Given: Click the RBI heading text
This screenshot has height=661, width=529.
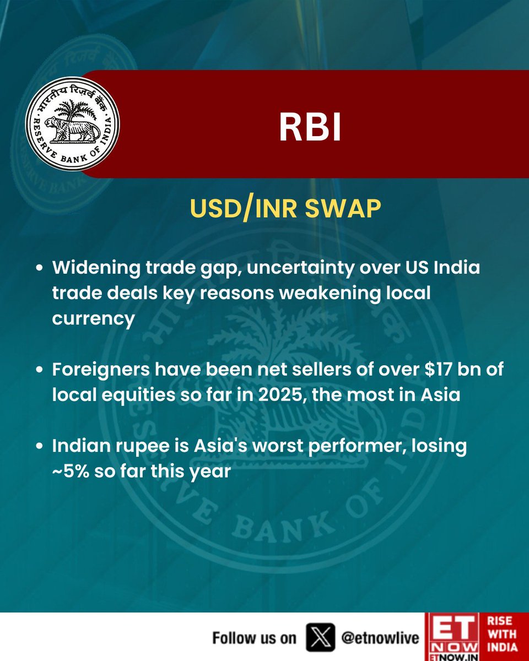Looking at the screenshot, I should click(x=310, y=128).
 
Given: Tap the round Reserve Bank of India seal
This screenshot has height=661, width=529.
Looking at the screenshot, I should click(x=73, y=123).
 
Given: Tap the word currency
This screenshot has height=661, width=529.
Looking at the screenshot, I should click(x=93, y=319).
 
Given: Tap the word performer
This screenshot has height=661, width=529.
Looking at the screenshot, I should click(x=356, y=446).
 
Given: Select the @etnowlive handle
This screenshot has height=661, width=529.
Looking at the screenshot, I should click(x=380, y=638).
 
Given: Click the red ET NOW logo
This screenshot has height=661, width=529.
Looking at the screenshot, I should click(x=452, y=637).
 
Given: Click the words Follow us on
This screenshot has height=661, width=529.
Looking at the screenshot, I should click(x=254, y=638).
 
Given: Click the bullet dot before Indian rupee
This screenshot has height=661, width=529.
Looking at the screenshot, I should click(x=39, y=446).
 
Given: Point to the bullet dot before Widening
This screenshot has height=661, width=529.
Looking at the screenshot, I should click(x=39, y=270).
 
